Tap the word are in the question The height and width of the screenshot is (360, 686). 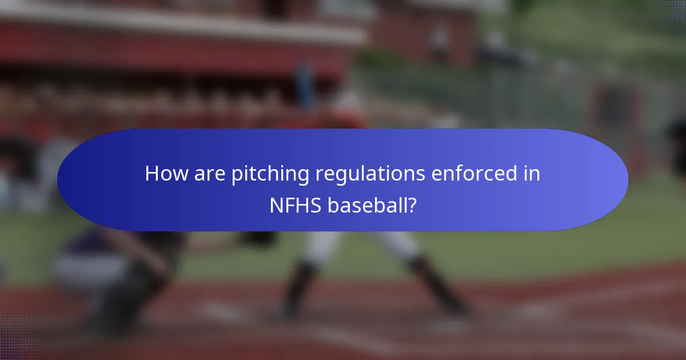pos(208,173)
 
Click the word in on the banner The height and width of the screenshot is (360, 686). pos(532,173)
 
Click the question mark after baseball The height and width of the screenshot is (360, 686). pos(411,205)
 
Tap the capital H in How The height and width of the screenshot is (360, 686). pos(151,173)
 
